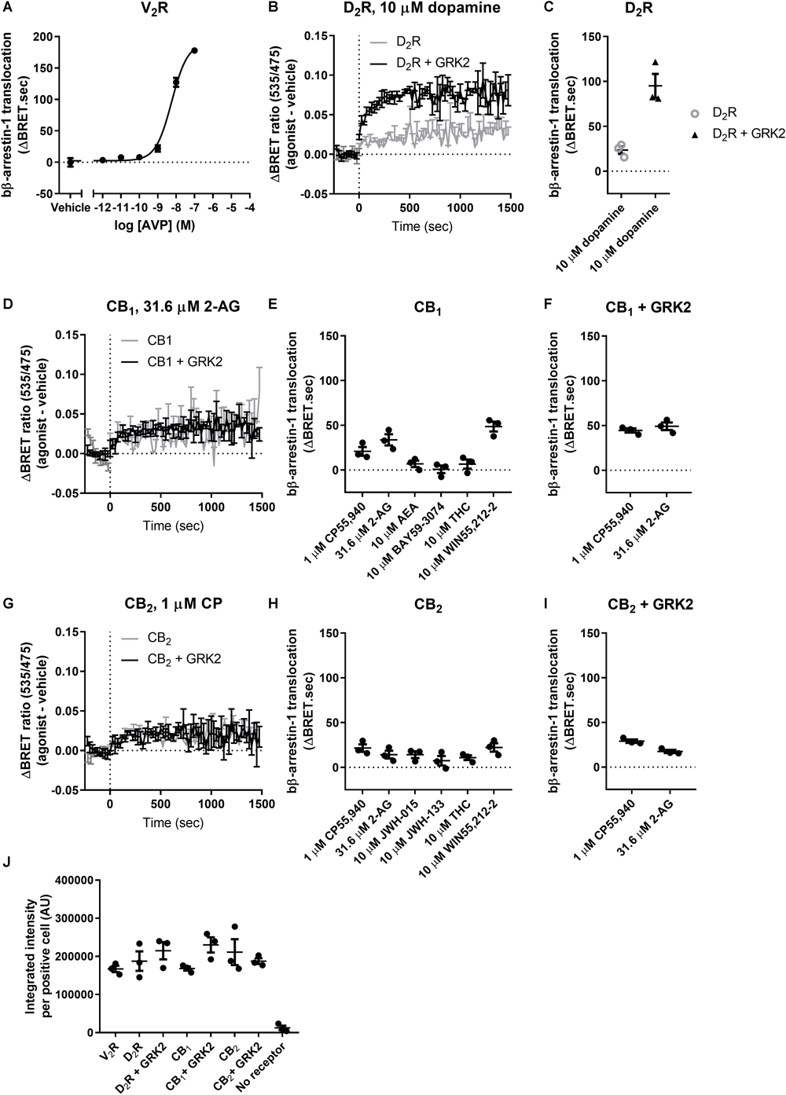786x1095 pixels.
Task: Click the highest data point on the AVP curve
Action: click(194, 50)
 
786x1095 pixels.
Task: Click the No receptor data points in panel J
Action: click(282, 1027)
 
